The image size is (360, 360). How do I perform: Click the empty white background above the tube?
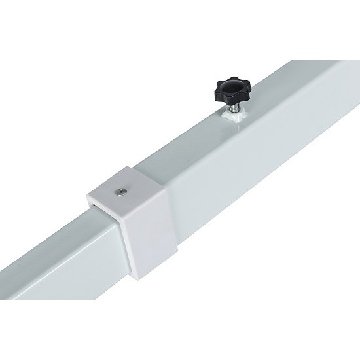(98, 65)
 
